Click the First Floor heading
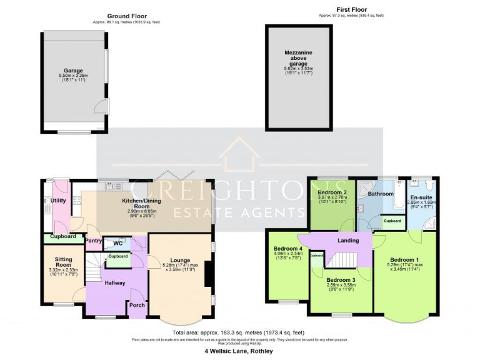(351, 10)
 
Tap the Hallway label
(115, 283)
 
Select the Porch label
(136, 305)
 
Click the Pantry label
(93, 240)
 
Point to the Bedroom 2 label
(332, 192)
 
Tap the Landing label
(348, 240)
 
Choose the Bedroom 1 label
(404, 259)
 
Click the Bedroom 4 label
(287, 249)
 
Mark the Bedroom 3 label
(341, 279)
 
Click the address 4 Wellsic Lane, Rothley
(239, 351)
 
